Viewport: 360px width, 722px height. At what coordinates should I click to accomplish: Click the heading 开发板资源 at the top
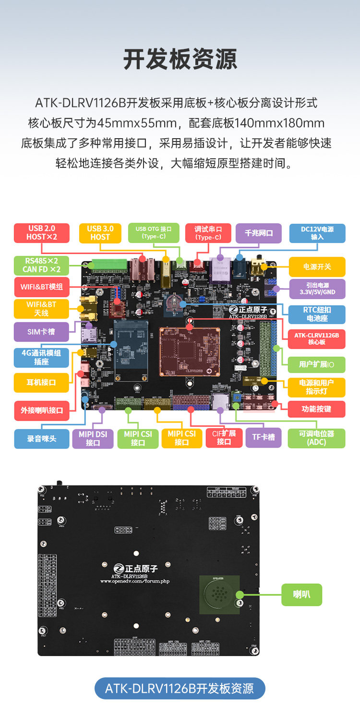(180, 59)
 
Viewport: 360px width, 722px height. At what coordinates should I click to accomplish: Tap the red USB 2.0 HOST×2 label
(42, 233)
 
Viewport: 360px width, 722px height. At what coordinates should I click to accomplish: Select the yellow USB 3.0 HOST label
(100, 233)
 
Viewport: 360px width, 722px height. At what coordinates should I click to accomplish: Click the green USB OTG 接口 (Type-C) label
(157, 233)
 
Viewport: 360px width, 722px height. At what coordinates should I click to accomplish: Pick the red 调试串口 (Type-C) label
(208, 233)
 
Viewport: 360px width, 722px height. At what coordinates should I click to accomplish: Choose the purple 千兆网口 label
(259, 233)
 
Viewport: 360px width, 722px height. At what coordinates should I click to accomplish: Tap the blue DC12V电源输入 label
(317, 233)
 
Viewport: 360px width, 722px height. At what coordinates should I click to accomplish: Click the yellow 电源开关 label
(317, 266)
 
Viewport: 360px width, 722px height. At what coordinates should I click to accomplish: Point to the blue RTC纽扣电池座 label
(316, 314)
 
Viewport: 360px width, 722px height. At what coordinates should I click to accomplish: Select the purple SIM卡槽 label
(42, 331)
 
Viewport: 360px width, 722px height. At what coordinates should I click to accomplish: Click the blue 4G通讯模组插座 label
(42, 357)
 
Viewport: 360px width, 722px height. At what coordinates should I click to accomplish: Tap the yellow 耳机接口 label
(42, 382)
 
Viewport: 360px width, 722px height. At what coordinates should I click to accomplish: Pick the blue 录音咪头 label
(42, 438)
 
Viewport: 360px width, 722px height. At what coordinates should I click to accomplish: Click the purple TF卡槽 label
(264, 437)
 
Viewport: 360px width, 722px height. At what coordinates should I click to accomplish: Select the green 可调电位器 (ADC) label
(316, 438)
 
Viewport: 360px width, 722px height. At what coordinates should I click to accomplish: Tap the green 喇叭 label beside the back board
(301, 594)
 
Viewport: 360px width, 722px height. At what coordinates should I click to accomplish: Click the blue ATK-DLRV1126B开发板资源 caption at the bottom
(180, 688)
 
